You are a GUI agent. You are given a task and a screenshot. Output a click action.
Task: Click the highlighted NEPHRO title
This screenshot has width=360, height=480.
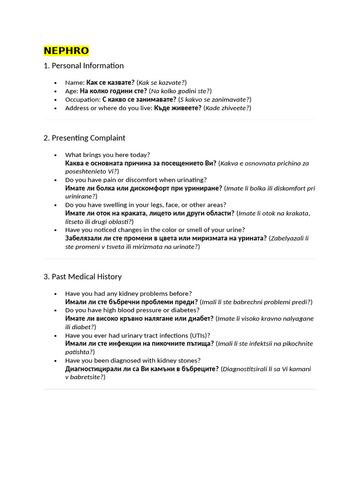[x=66, y=51]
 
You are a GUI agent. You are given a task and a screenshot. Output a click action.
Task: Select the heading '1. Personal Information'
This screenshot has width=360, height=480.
[x=83, y=66]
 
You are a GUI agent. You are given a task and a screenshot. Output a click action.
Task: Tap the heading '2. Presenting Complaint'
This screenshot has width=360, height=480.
[x=84, y=138]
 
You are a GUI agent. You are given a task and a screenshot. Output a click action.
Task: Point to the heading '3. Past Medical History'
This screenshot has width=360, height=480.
[x=82, y=277]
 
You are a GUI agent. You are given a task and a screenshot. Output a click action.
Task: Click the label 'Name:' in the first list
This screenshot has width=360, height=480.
[x=75, y=82]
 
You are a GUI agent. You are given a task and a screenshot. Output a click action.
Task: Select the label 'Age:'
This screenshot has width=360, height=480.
[x=72, y=91]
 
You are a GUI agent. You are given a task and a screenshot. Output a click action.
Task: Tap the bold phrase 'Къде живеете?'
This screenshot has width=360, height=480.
[x=178, y=108]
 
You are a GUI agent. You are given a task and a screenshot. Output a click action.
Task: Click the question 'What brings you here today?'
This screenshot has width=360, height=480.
[x=107, y=155]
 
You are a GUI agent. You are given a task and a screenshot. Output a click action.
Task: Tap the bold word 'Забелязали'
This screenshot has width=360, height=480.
[x=84, y=238]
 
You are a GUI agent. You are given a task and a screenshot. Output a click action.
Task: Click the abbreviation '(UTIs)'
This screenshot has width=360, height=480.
[x=200, y=335]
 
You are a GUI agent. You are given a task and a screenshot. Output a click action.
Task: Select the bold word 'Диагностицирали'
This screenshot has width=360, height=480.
[x=94, y=369]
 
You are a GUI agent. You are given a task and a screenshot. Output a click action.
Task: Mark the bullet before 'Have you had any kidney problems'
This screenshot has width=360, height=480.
[x=55, y=293]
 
